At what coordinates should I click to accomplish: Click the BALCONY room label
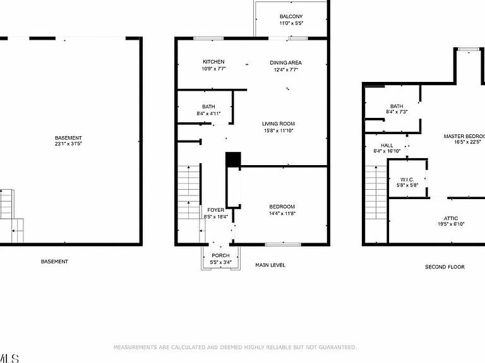click(x=291, y=16)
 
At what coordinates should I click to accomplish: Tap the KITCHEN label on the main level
click(x=213, y=62)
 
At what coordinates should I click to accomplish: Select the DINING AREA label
click(x=286, y=62)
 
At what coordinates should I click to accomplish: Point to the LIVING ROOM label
click(x=278, y=124)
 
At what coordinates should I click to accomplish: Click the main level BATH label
click(x=208, y=107)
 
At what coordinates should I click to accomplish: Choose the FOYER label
click(x=216, y=210)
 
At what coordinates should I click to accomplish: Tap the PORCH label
click(x=220, y=255)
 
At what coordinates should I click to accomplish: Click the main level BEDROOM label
click(x=282, y=207)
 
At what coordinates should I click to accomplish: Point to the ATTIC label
click(x=451, y=218)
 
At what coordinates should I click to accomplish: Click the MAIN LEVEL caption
click(x=270, y=265)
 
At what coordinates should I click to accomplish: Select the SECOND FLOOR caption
click(x=445, y=267)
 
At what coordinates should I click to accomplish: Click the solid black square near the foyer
click(x=233, y=159)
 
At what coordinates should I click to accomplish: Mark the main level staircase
click(x=188, y=192)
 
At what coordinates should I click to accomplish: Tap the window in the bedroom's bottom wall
click(x=278, y=244)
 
